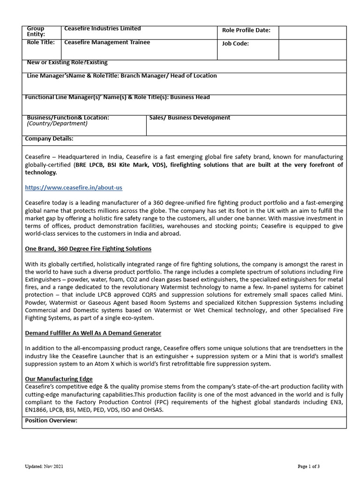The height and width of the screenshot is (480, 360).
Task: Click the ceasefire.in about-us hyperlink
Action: pos(73,187)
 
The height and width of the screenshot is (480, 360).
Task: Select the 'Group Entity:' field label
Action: pos(36,31)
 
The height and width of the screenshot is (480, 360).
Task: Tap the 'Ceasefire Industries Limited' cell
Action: pos(102,29)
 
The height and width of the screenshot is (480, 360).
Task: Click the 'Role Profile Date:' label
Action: pos(246,30)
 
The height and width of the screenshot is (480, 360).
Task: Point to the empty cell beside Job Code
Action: pos(312,49)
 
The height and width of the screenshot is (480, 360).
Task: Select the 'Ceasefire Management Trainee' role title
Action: pos(107,42)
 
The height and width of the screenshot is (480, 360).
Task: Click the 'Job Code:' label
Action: pos(235,44)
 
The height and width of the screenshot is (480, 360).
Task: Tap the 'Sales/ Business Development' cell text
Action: pos(189,118)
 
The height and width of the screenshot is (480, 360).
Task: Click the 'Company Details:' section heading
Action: pos(49,139)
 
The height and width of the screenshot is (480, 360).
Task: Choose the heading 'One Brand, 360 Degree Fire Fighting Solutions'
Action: pos(88,248)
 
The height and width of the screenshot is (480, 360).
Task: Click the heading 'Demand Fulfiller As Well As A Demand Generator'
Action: pos(93,333)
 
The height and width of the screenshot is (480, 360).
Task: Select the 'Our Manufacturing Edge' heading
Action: pos(59,379)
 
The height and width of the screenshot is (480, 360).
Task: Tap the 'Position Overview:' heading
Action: pos(51,420)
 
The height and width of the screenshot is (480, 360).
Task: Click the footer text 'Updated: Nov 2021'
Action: pos(44,466)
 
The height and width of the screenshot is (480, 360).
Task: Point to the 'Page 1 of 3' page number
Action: pos(308,466)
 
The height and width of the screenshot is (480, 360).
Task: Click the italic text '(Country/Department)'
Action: pos(57,124)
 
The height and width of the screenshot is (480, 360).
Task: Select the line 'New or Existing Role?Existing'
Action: pos(67,62)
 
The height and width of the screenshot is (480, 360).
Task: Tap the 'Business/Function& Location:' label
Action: pos(68,118)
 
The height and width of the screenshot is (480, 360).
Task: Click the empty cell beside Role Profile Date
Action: pos(312,32)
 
